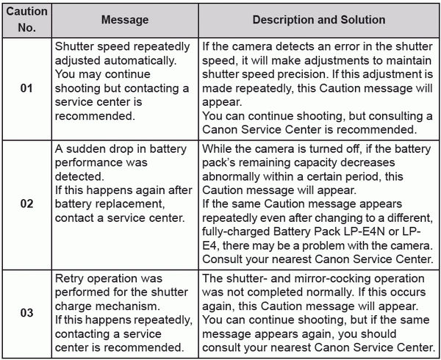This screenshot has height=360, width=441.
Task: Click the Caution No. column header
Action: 26,19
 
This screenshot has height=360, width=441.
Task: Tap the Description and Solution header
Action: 318,20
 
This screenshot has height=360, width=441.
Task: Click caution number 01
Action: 26,89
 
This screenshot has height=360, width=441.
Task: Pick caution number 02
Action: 26,204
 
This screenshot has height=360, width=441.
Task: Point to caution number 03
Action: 26,313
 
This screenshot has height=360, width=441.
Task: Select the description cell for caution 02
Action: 318,204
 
